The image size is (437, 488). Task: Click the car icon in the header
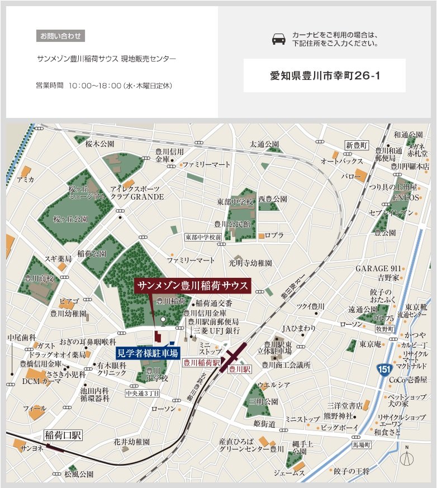pyautogui.click(x=278, y=39)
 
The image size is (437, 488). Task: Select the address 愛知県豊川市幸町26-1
pyautogui.click(x=325, y=75)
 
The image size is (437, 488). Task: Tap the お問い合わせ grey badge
pyautogui.click(x=60, y=36)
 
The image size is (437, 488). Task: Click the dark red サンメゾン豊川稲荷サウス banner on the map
pyautogui.click(x=193, y=285)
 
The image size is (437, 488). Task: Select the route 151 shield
pyautogui.click(x=384, y=371)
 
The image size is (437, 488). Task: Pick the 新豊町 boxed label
pyautogui.click(x=357, y=145)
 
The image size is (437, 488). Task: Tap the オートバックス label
pyautogui.click(x=341, y=161)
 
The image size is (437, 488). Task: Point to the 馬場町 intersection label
pyautogui.click(x=362, y=445)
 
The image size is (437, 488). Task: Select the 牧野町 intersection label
pyautogui.click(x=385, y=329)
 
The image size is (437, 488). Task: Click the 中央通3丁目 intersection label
pyautogui.click(x=142, y=394)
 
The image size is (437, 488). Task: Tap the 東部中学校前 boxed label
pyautogui.click(x=203, y=237)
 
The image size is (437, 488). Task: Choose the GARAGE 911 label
pyautogui.click(x=378, y=268)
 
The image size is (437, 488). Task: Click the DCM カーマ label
pyautogui.click(x=41, y=381)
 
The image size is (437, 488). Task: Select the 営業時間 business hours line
pyautogui.click(x=104, y=86)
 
